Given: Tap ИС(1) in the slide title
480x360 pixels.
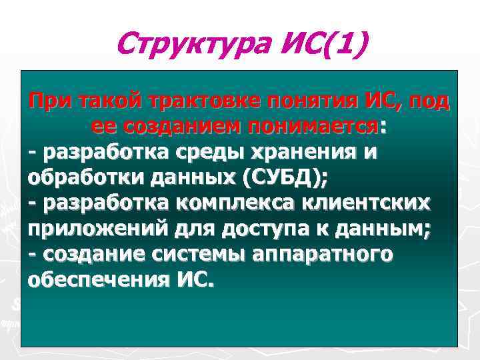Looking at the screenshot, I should point(321,45).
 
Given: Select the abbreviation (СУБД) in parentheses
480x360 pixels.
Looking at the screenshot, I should point(287,177).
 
